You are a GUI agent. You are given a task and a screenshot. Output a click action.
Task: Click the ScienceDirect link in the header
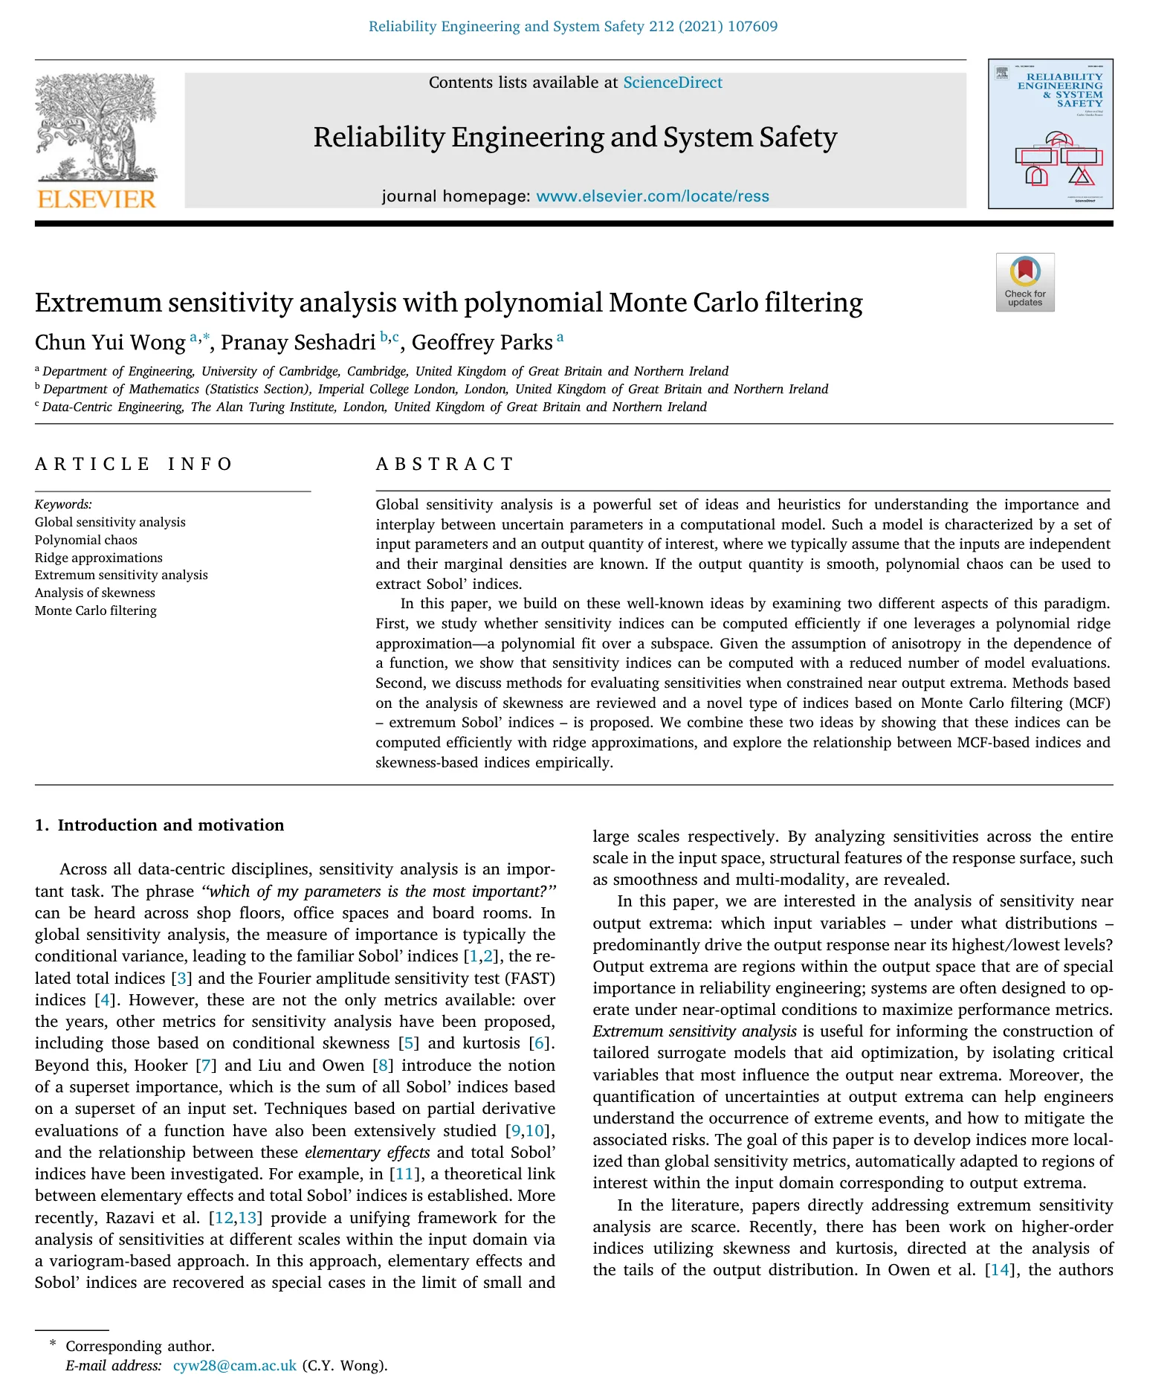point(672,83)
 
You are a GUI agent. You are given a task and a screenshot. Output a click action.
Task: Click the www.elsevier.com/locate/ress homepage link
point(652,196)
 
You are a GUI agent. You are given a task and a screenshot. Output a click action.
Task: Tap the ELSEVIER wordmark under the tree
point(97,199)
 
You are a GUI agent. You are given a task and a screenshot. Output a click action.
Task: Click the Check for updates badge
point(1024,282)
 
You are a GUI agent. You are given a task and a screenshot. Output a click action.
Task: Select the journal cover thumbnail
point(1050,134)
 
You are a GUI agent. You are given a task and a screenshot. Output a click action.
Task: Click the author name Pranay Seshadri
point(297,343)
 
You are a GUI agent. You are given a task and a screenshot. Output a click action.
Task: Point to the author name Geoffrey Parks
point(482,343)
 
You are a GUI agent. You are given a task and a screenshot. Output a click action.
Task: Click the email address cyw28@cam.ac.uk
point(234,1366)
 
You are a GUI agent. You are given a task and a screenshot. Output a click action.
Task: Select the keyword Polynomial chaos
point(86,540)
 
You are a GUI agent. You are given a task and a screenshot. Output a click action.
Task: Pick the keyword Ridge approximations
point(99,558)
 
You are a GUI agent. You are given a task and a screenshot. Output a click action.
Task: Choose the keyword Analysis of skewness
point(95,593)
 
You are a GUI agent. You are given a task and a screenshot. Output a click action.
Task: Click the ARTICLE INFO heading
point(134,465)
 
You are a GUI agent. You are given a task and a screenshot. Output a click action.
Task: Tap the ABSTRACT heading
point(445,465)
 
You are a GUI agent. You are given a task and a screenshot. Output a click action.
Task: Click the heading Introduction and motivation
point(170,825)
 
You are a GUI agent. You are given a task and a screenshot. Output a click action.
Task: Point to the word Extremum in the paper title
point(97,303)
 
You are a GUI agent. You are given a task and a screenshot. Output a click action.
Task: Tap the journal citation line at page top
point(573,27)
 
